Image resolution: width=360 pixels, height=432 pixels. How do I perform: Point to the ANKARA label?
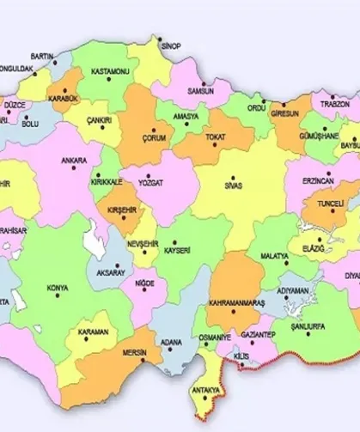coord(74,160)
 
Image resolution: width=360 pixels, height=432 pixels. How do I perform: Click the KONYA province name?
coord(58,287)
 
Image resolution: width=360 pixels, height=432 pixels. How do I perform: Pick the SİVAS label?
coord(232,185)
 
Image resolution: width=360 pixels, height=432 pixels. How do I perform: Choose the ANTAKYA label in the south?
coord(205,389)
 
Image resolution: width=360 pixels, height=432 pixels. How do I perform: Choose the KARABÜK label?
coord(64,97)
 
